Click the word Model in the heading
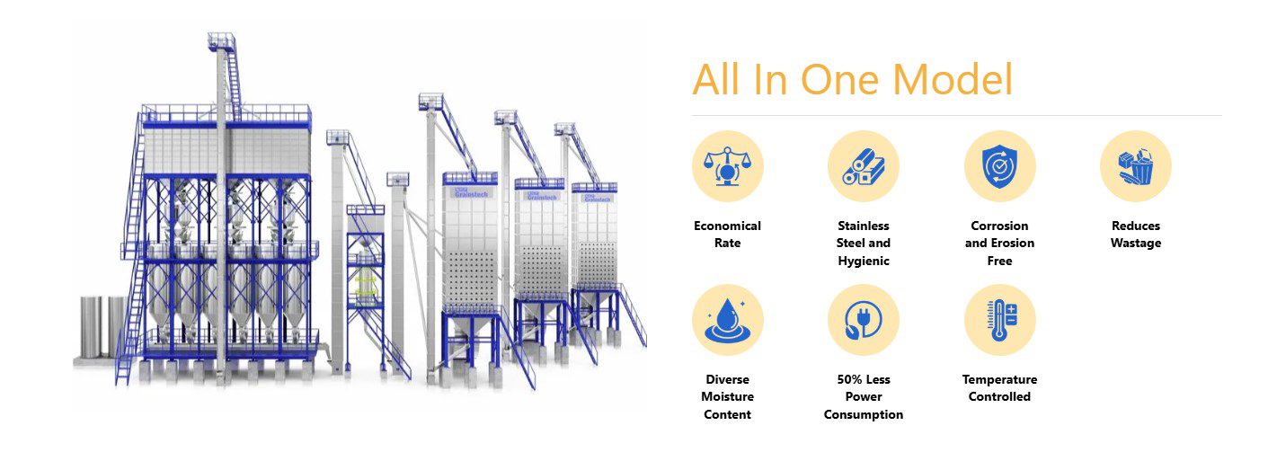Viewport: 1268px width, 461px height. click(x=953, y=79)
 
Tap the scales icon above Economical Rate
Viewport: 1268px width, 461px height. click(x=727, y=166)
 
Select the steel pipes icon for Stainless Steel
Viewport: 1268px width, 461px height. click(x=864, y=166)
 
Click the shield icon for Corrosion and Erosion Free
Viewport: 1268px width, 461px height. click(x=999, y=166)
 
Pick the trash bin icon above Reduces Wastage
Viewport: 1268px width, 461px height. click(x=1136, y=166)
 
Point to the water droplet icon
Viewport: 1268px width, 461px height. click(x=727, y=321)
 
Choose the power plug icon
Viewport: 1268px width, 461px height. click(x=864, y=320)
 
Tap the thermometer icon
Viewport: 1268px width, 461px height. click(x=999, y=320)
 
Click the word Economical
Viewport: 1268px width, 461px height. click(x=727, y=226)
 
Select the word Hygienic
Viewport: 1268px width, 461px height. click(x=864, y=262)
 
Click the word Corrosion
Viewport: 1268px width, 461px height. click(x=999, y=226)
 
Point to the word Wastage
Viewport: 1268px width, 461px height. click(x=1136, y=244)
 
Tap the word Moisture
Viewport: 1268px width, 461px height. click(x=727, y=397)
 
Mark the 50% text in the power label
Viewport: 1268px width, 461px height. click(x=848, y=379)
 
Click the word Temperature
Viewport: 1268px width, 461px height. click(x=999, y=380)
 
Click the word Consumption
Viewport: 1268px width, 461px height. click(x=864, y=415)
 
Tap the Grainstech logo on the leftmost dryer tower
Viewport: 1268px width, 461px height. click(x=471, y=193)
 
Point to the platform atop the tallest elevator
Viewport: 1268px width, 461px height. click(x=222, y=40)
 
